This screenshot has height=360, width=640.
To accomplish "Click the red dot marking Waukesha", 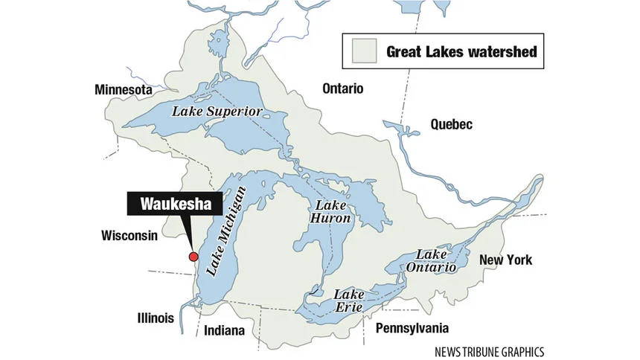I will pos(193,257).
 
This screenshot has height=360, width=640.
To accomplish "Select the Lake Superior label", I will pos(217,112).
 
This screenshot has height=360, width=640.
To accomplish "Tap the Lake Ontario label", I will pos(431,261).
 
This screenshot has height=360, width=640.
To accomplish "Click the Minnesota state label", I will pos(123,90).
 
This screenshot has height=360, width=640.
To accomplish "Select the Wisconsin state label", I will pos(129,236).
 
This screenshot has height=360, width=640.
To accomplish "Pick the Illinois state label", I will pos(156,318).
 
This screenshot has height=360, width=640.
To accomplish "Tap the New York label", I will pos(506,260).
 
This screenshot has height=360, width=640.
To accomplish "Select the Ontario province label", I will pos(342,89).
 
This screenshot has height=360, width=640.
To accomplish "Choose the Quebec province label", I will pos(451,124).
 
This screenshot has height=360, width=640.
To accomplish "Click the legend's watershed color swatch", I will pos(362,53).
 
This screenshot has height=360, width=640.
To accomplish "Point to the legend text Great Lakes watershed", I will pos(461,53).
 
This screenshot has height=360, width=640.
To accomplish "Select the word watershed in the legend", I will pos(504,53).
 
